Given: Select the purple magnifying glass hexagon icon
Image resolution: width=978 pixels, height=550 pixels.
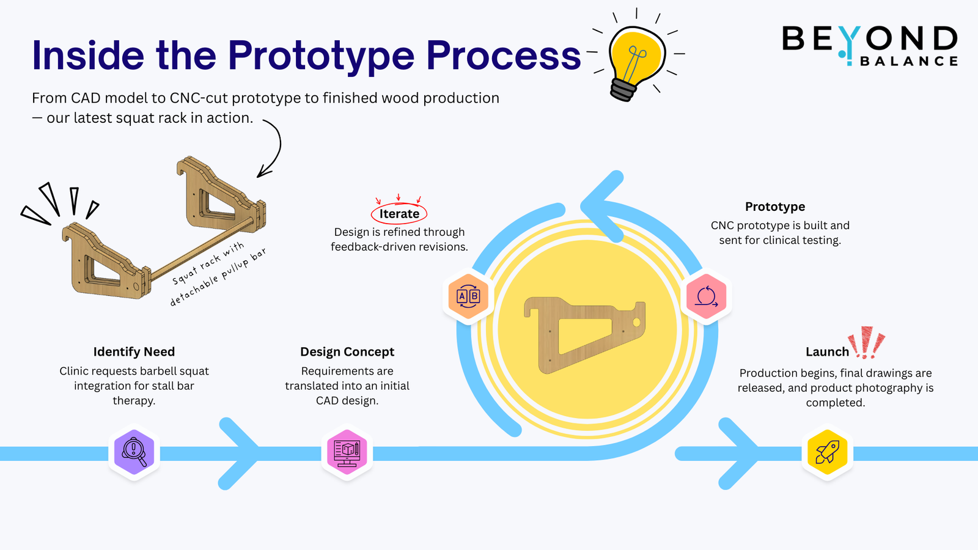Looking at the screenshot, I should [x=134, y=453].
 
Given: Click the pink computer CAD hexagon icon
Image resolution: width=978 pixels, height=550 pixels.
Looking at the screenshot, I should [x=347, y=453].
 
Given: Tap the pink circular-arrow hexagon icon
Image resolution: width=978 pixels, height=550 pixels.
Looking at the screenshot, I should [x=706, y=296].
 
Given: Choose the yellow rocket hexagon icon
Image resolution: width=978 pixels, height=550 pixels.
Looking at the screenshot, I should [x=827, y=453].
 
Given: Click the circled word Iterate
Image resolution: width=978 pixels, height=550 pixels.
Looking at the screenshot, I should [x=399, y=214].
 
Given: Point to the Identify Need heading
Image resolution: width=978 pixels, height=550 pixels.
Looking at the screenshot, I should [x=134, y=352].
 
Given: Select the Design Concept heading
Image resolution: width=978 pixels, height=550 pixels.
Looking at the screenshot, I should [x=347, y=352].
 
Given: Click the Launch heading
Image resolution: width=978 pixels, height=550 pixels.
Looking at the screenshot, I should [x=827, y=352].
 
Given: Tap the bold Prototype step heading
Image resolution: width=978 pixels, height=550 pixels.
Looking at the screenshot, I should [x=775, y=207].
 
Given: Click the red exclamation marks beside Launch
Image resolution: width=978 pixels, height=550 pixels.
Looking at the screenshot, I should [x=867, y=342].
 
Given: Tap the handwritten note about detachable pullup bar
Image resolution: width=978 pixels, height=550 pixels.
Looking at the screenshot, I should [x=218, y=275].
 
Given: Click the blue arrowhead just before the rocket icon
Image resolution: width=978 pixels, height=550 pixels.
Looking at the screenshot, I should [x=740, y=453].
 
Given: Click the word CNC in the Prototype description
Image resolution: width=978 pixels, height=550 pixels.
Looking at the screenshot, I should [x=722, y=226].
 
